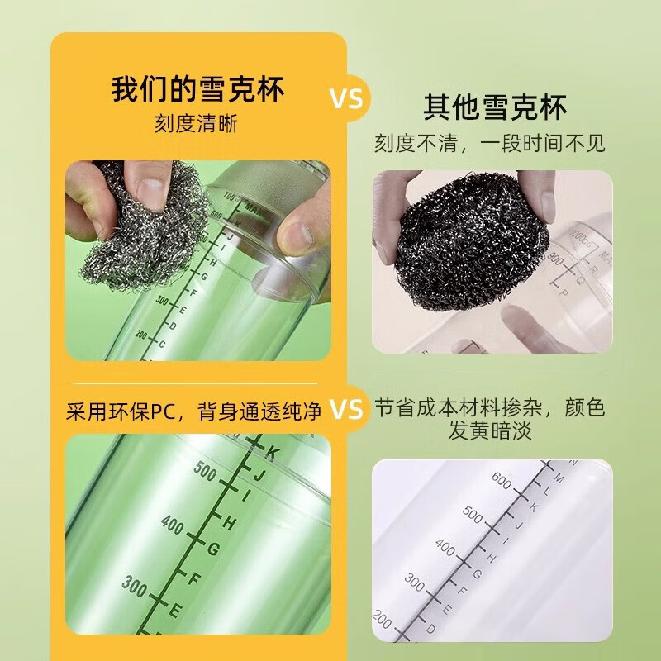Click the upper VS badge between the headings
[347, 99]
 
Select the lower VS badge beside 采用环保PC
[347, 408]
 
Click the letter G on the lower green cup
[212, 549]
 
